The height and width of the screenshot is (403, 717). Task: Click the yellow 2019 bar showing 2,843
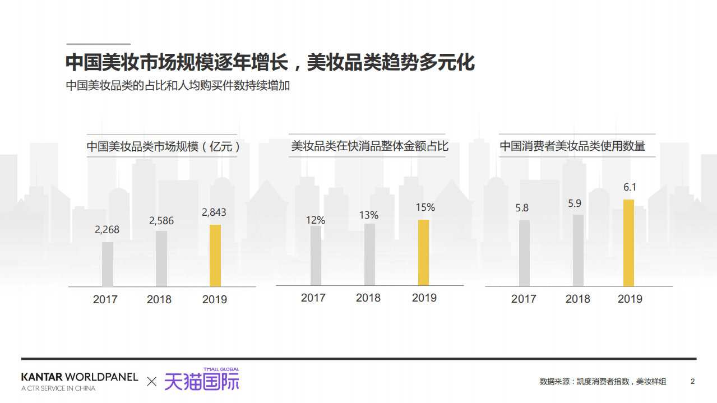click(215, 256)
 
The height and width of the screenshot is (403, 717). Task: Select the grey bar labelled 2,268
click(108, 264)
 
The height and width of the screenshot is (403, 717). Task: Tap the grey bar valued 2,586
click(161, 258)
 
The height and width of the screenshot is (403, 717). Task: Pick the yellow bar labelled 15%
click(424, 252)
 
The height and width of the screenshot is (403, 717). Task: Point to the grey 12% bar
click(316, 256)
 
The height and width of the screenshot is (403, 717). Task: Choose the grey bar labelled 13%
click(369, 254)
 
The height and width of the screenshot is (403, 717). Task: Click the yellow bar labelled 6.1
click(629, 243)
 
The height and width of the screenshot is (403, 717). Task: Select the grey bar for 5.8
click(524, 253)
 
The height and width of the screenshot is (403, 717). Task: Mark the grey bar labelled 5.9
click(578, 250)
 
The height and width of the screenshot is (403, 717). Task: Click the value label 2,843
click(214, 212)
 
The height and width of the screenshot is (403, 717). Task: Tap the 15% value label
click(425, 207)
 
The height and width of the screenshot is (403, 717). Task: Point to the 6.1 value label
click(630, 188)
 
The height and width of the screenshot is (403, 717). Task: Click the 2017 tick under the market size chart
click(105, 299)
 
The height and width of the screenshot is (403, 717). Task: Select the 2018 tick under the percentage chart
click(368, 298)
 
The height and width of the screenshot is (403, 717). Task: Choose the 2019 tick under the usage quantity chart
click(630, 299)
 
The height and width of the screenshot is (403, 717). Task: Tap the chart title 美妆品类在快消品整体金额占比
click(370, 146)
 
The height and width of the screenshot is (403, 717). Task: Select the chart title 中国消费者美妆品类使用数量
click(572, 146)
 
